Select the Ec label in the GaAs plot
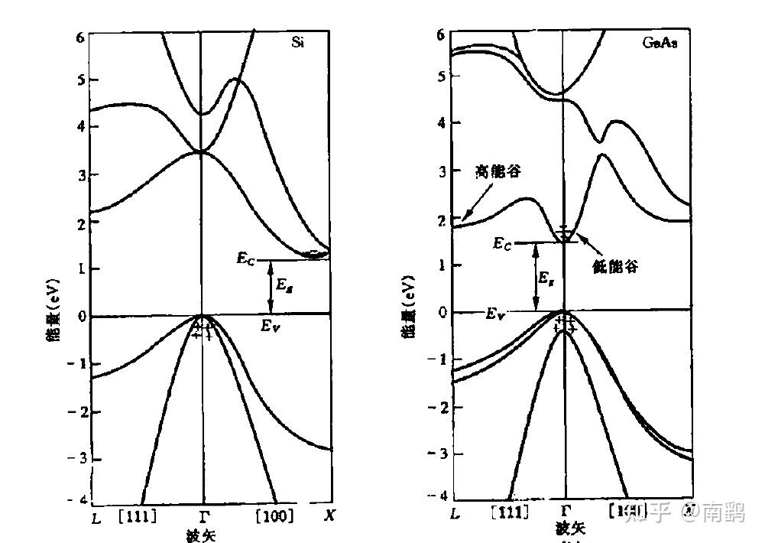[x=502, y=243]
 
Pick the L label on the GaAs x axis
[x=455, y=512]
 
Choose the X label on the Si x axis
[x=329, y=515]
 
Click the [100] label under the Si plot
[x=274, y=516]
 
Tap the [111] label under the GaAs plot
[x=508, y=511]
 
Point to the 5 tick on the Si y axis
[x=72, y=80]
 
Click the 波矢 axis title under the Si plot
[x=201, y=535]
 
